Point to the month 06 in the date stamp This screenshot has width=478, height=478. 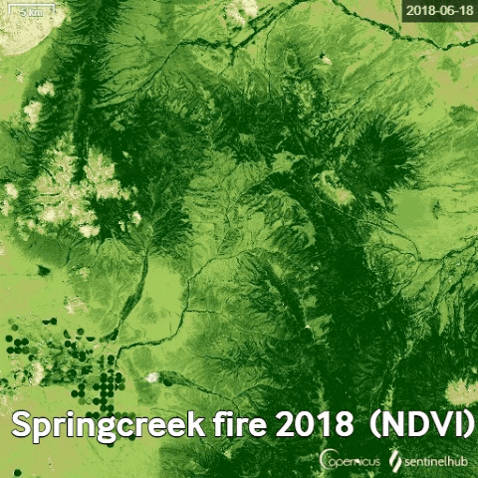(x=443, y=11)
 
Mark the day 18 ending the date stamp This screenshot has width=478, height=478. (x=462, y=11)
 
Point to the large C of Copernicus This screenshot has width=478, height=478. (x=327, y=461)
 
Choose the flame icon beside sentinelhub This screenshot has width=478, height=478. (x=394, y=461)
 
